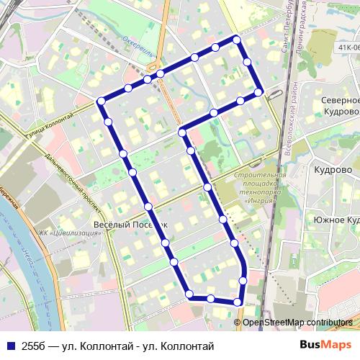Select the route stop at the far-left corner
coord(101,101)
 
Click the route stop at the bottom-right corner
coord(238,302)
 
